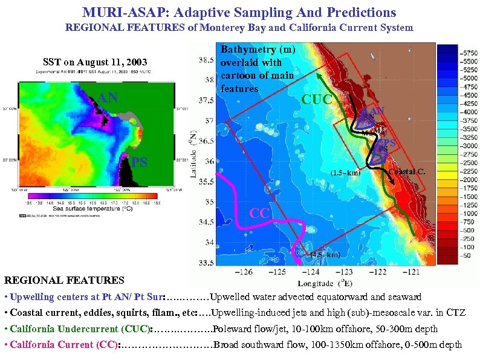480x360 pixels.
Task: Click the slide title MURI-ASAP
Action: (x=239, y=11)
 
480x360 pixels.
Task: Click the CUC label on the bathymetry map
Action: (x=317, y=99)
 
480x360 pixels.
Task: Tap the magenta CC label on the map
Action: (x=259, y=212)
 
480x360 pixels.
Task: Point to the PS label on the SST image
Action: (x=140, y=162)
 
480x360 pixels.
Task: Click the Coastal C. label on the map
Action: (x=407, y=171)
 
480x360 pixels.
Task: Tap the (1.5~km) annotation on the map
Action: (x=345, y=174)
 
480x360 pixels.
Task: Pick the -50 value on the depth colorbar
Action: (x=467, y=256)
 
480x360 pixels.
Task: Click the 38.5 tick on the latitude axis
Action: (x=206, y=60)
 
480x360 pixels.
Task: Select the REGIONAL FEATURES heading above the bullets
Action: (x=64, y=280)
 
